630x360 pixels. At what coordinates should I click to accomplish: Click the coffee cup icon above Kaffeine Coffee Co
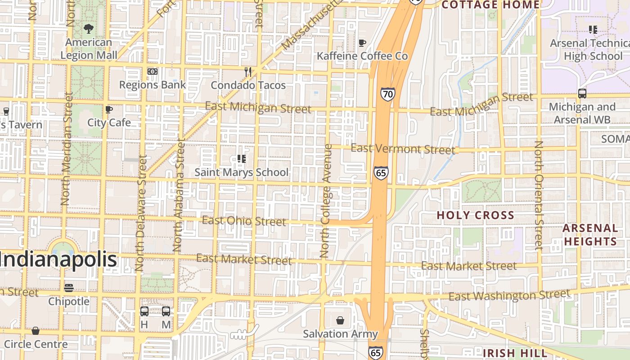[362, 43]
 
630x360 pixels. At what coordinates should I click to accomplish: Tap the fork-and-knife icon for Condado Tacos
[247, 72]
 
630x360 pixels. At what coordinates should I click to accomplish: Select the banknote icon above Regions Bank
[153, 72]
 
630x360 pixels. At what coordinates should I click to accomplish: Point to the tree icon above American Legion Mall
[89, 29]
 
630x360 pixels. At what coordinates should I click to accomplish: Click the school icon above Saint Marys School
[242, 159]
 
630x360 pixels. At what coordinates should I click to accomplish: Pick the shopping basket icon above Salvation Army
[340, 320]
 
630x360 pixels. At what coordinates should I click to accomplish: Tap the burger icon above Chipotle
[69, 288]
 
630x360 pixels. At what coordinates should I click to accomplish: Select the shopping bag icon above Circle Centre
[36, 331]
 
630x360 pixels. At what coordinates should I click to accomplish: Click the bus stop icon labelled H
[144, 311]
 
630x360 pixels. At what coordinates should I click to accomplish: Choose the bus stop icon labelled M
[166, 311]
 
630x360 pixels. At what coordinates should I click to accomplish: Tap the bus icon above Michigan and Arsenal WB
[582, 94]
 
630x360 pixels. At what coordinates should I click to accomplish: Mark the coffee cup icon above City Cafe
[108, 109]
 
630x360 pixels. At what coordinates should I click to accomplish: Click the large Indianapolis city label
[58, 260]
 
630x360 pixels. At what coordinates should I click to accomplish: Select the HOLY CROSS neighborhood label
[475, 215]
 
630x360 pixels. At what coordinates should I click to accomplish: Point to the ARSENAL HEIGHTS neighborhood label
[590, 234]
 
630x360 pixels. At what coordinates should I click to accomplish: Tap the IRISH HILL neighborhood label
[515, 353]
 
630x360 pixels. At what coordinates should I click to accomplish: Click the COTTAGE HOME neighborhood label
[490, 5]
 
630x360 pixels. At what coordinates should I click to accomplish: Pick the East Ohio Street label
[244, 220]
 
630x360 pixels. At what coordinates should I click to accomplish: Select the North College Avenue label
[326, 201]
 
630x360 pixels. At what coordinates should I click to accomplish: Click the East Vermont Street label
[403, 148]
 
